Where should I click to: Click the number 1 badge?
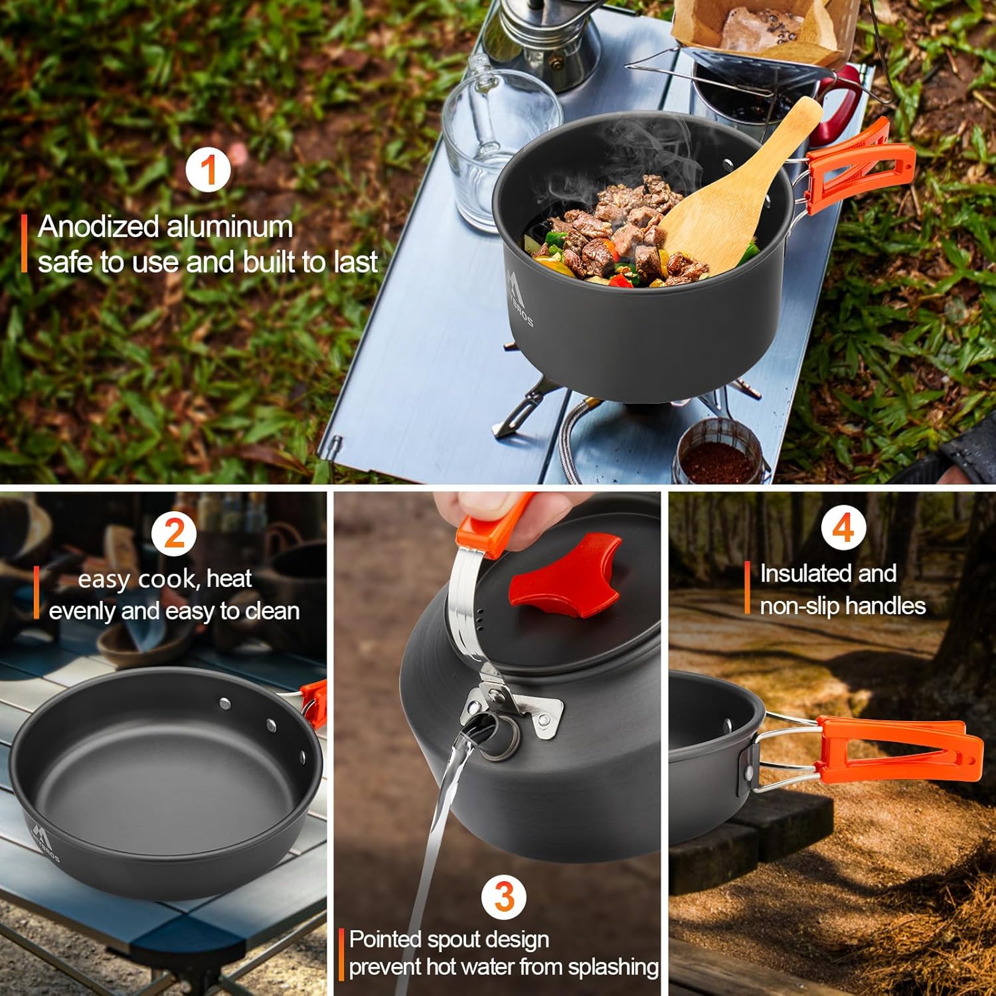[x=208, y=170]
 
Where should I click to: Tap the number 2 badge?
[x=174, y=533]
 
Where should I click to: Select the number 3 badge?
[x=504, y=897]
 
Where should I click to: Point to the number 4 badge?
[x=843, y=529]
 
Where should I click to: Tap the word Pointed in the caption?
[x=386, y=940]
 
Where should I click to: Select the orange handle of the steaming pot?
[x=857, y=163]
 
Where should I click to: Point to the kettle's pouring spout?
[x=491, y=730]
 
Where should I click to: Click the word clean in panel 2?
[x=272, y=611]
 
